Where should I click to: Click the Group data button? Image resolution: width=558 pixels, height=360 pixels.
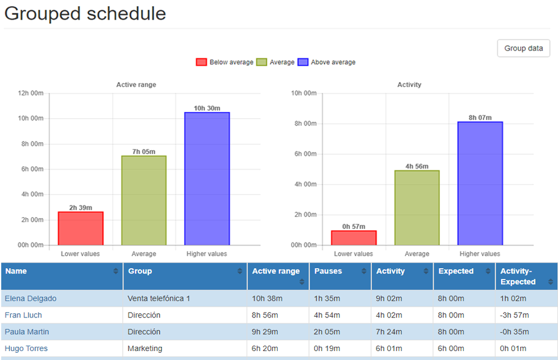523,49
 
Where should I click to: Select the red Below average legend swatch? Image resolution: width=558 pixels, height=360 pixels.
202,62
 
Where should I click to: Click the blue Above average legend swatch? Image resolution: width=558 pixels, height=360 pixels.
303,62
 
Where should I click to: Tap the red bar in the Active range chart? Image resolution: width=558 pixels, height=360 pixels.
80,229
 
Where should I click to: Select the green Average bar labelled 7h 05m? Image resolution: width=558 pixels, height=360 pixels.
144,200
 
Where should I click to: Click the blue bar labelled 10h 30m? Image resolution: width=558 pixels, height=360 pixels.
207,179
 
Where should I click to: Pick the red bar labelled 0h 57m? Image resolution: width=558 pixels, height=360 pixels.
354,238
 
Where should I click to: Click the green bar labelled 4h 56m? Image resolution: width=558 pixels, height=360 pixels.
417,208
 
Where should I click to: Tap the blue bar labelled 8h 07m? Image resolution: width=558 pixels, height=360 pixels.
480,184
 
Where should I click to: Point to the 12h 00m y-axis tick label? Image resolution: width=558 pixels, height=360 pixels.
31,93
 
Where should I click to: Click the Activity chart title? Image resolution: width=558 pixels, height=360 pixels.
409,85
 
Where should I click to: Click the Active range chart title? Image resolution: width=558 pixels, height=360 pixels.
136,85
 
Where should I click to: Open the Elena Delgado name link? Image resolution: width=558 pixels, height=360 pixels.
30,298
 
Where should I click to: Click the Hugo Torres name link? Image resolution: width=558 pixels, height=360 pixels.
26,349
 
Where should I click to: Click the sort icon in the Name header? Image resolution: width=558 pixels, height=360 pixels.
116,272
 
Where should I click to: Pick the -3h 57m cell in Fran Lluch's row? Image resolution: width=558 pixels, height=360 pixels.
514,315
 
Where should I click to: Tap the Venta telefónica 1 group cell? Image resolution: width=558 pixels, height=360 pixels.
158,298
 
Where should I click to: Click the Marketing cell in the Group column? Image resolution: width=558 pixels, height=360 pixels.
145,349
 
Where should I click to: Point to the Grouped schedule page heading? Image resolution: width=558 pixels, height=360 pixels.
85,13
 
